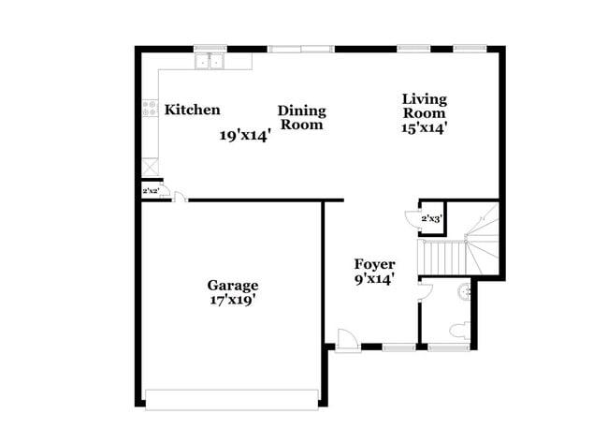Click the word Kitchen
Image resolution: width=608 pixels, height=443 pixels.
(193, 110)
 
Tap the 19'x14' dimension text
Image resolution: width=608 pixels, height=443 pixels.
(245, 135)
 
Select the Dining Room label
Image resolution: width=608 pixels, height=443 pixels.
(301, 117)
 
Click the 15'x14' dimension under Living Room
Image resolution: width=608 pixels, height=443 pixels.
(424, 127)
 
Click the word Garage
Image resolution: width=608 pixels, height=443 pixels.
(232, 286)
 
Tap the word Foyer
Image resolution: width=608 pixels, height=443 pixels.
(374, 264)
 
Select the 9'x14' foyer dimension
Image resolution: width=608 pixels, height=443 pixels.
(374, 278)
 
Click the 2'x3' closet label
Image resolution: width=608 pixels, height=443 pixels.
(431, 218)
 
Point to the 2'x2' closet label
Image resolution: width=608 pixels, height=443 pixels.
(150, 191)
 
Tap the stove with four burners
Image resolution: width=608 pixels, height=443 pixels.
(149, 109)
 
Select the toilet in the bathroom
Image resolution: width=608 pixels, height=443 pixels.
(459, 330)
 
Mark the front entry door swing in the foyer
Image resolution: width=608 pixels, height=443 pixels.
(344, 339)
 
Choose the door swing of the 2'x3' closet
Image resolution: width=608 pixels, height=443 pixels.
(413, 219)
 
